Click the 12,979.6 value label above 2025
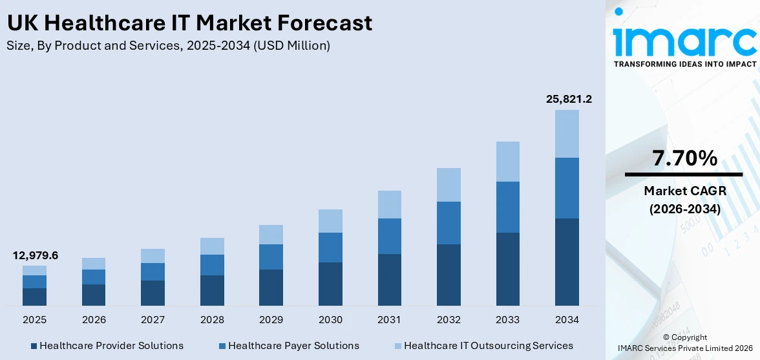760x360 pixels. pyautogui.click(x=35, y=255)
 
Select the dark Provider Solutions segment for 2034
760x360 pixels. pyautogui.click(x=567, y=262)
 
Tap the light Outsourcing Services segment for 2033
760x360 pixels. pyautogui.click(x=507, y=162)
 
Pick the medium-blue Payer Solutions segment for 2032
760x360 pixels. pyautogui.click(x=449, y=223)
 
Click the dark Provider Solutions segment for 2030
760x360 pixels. pyautogui.click(x=330, y=284)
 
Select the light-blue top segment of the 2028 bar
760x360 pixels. pyautogui.click(x=212, y=246)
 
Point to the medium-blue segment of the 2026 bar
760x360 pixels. pyautogui.click(x=94, y=277)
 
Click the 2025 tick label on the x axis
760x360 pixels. pyautogui.click(x=35, y=320)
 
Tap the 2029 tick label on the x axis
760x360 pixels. pyautogui.click(x=271, y=320)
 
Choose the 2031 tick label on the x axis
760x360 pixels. pyautogui.click(x=389, y=320)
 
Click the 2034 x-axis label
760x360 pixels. pyautogui.click(x=567, y=320)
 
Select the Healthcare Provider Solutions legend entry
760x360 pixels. pyautogui.click(x=107, y=346)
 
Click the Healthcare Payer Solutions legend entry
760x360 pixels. pyautogui.click(x=288, y=346)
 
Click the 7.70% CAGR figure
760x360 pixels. pyautogui.click(x=684, y=158)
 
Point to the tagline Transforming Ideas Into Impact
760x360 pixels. pyautogui.click(x=684, y=64)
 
